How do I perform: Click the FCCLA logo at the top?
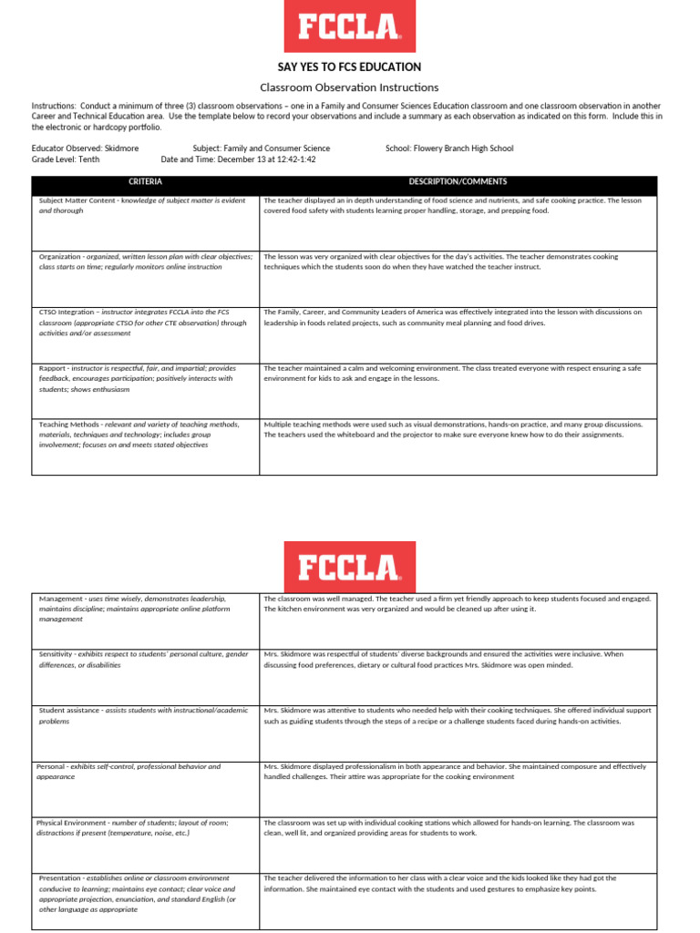(x=350, y=26)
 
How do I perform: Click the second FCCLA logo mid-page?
(x=350, y=567)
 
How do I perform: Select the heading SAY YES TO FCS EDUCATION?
(x=349, y=67)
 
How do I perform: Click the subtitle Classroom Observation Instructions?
(x=349, y=87)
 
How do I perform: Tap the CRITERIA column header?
(x=146, y=182)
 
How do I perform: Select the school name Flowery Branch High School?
(x=463, y=149)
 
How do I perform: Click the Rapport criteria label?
(x=56, y=368)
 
